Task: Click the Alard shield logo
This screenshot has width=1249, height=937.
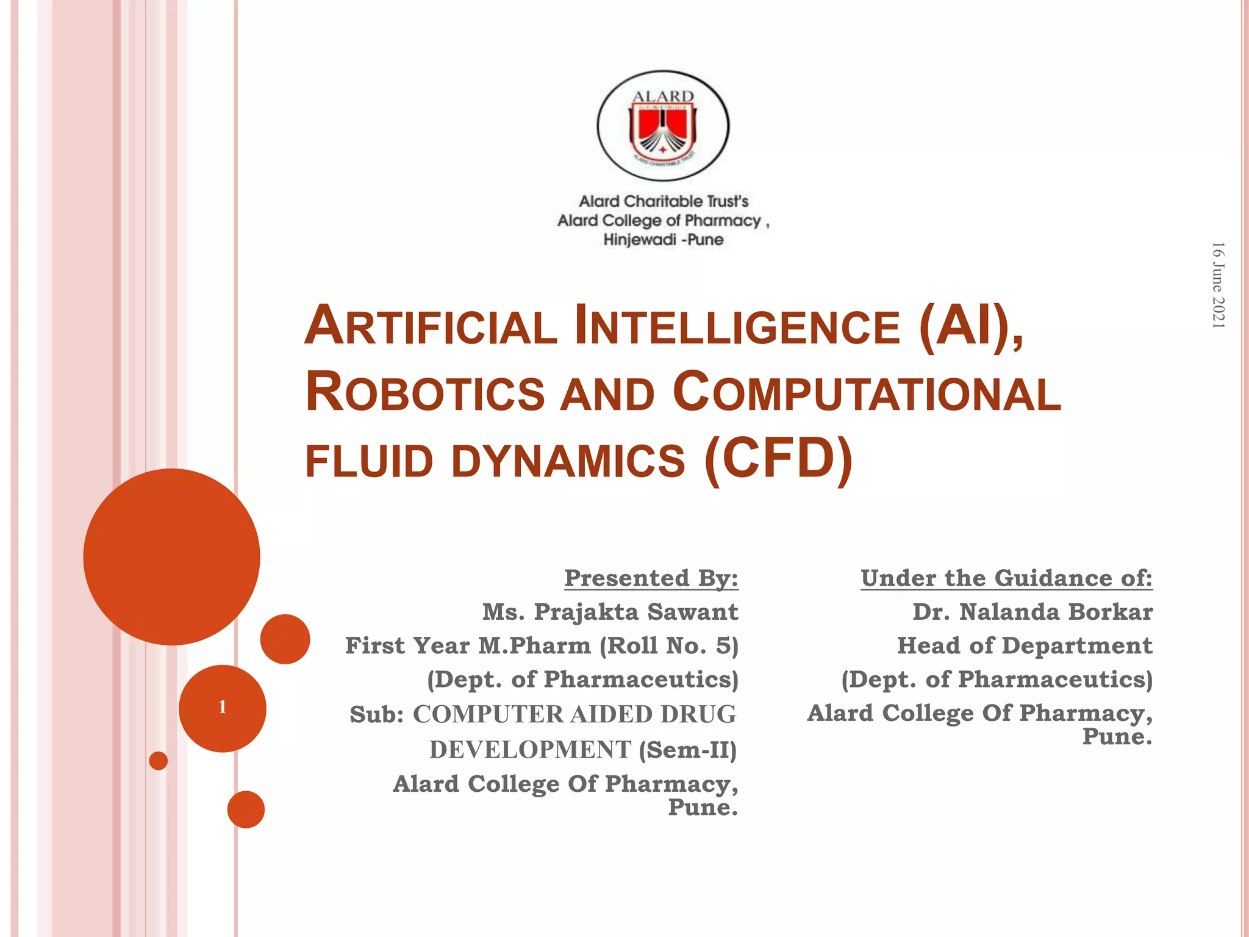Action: [x=663, y=126]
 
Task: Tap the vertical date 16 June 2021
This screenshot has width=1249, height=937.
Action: [x=1218, y=285]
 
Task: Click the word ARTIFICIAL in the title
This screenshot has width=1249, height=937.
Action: [x=431, y=327]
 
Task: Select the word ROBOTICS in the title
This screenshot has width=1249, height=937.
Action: [x=424, y=392]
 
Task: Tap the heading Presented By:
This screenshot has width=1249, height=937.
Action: [x=651, y=578]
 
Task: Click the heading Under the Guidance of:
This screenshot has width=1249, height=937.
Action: [x=1006, y=578]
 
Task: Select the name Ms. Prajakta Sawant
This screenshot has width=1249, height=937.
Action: [x=610, y=611]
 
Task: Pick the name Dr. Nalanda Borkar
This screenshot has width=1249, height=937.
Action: [x=1032, y=611]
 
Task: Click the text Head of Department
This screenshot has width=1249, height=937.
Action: [x=1025, y=645]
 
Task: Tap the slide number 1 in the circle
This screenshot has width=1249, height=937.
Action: [x=223, y=708]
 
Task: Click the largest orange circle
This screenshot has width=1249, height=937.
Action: [x=171, y=556]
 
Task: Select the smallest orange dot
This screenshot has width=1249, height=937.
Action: [x=159, y=761]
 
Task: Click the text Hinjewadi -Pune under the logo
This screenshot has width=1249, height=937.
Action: [x=663, y=240]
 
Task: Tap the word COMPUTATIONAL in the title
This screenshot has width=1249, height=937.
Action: [x=867, y=392]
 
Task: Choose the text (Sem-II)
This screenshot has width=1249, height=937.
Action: [x=687, y=750]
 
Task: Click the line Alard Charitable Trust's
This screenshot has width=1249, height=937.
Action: [x=663, y=201]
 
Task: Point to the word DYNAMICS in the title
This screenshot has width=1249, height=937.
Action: [x=568, y=461]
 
